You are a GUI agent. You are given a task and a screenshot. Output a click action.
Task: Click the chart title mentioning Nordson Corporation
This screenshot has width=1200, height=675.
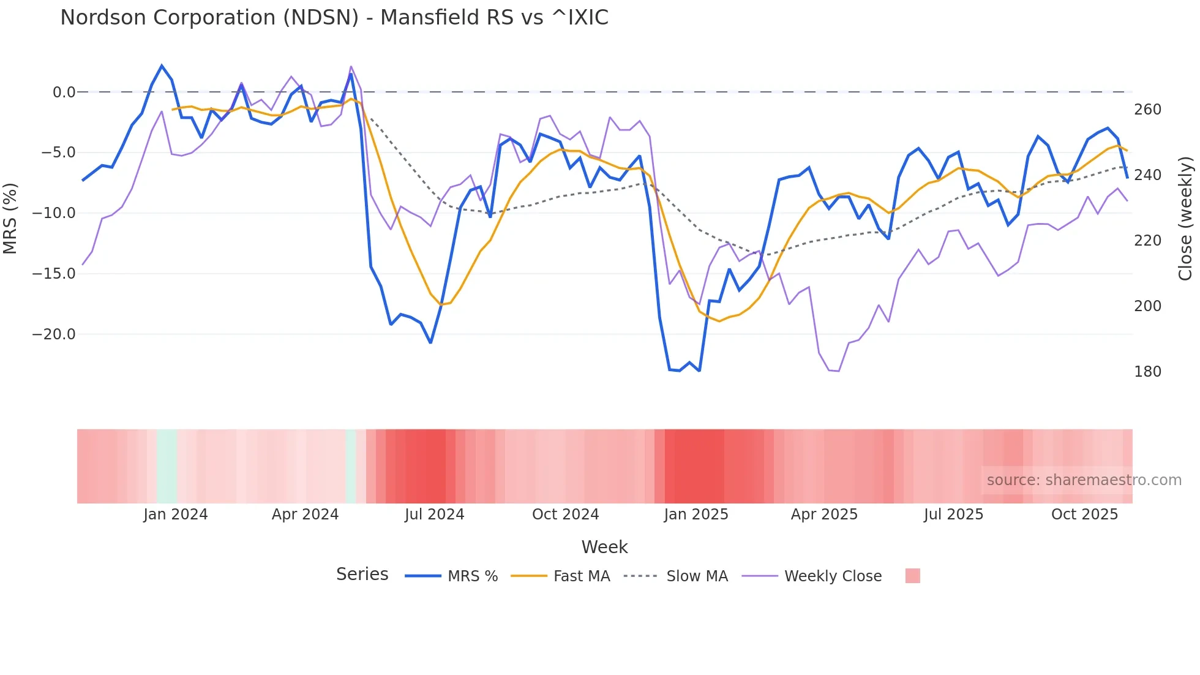[x=334, y=18]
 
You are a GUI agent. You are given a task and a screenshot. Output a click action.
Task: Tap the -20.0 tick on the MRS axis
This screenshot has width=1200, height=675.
[x=54, y=334]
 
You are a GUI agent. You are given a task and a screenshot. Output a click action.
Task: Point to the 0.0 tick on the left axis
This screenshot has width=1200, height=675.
[x=64, y=92]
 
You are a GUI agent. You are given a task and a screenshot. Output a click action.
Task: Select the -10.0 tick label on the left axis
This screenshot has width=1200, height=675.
[x=54, y=213]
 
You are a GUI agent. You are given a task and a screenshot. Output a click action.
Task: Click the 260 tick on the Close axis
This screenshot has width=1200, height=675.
[x=1147, y=110]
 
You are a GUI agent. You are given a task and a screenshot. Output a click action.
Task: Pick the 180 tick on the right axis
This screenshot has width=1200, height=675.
[x=1147, y=372]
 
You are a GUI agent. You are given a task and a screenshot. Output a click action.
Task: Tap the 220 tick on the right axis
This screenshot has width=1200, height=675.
[x=1147, y=241]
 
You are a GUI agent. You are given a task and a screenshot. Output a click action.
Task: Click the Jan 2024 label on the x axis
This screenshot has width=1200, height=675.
[x=176, y=515]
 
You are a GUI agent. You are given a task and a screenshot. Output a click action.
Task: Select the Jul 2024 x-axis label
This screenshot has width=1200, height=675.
[x=435, y=515]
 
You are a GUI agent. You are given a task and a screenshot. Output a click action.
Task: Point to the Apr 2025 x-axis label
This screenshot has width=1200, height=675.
[x=824, y=515]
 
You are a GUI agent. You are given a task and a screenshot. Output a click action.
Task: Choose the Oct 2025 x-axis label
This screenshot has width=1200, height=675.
[x=1084, y=515]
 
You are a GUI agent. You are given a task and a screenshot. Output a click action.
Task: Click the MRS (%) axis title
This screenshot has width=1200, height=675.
[x=10, y=218]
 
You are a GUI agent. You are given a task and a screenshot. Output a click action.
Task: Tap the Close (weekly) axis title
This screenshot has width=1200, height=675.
[x=1186, y=218]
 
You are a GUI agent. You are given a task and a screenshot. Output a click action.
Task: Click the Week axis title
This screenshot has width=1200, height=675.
[x=604, y=547]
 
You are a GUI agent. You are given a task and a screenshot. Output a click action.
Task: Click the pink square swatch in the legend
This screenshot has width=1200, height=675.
[x=912, y=576]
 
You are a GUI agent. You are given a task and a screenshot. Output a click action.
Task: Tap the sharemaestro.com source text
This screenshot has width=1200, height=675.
[x=1084, y=480]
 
